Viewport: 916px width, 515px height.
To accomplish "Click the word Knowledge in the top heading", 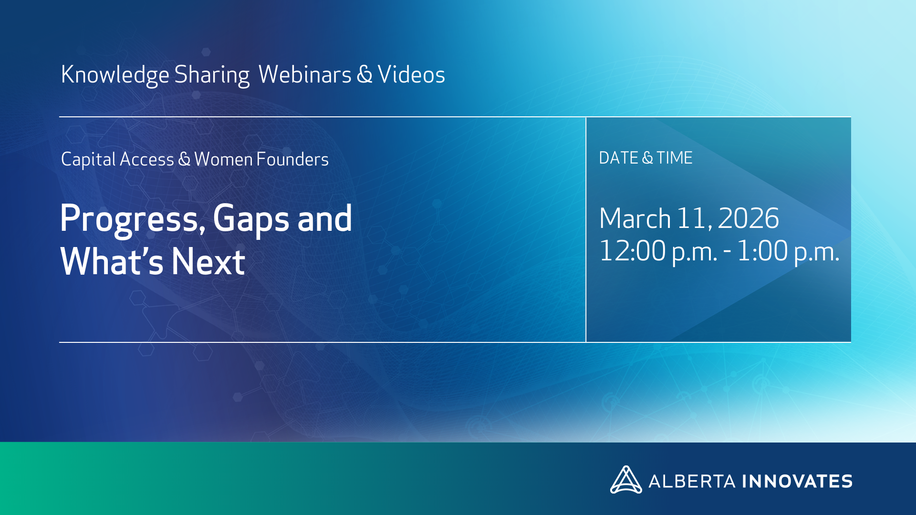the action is (x=115, y=75).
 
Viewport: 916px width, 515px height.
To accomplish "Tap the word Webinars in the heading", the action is (x=305, y=74).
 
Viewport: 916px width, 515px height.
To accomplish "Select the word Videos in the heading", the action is (x=411, y=74).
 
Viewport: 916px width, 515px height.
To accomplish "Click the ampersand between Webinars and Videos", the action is (x=364, y=75).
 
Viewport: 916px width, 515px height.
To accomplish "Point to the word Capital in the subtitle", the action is (x=88, y=160).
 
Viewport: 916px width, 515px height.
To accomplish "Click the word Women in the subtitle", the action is (x=223, y=159).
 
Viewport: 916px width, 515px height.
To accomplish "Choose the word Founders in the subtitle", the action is (x=292, y=159).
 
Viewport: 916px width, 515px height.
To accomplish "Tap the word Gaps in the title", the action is (x=251, y=219).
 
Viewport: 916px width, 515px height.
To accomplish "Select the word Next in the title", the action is (x=208, y=261).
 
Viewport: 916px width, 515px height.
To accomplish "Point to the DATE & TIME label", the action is (x=645, y=158).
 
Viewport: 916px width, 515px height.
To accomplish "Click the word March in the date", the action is (x=635, y=218).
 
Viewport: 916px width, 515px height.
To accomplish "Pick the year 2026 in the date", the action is (x=748, y=218).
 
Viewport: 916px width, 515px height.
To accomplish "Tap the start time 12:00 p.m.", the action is (x=658, y=251).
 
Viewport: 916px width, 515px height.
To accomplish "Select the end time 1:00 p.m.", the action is (x=788, y=251).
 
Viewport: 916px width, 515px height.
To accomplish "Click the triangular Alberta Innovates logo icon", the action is (x=626, y=480).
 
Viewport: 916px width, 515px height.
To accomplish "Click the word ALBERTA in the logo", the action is (x=692, y=481).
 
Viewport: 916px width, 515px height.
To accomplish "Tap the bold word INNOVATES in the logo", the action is (x=797, y=481).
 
